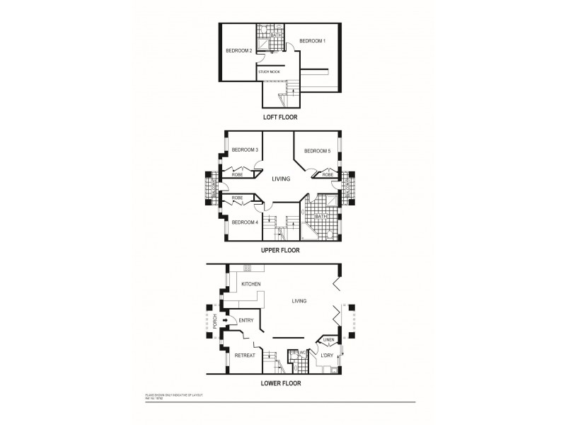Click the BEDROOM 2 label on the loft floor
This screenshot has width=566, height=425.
pos(238,51)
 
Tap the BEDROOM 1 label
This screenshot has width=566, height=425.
pos(312,41)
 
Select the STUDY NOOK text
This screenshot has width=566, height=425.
pos(269,72)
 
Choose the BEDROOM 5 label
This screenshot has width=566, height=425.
pos(317,151)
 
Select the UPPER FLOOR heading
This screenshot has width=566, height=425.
pos(281,250)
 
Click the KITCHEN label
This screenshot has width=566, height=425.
pos(251,284)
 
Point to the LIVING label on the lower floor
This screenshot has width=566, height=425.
pos(299,301)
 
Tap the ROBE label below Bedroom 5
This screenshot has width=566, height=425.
pos(328,174)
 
